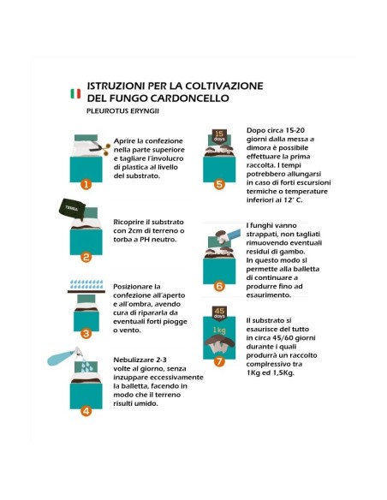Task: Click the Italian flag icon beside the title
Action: (76, 92)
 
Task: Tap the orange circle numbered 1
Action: (86, 183)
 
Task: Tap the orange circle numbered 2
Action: (86, 257)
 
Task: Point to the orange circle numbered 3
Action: (86, 334)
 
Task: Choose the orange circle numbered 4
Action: (86, 410)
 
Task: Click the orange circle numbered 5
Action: (219, 184)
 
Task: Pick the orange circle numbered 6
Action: (219, 286)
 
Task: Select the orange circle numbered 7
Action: (219, 361)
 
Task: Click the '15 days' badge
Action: (218, 134)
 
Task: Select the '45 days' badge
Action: (218, 313)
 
